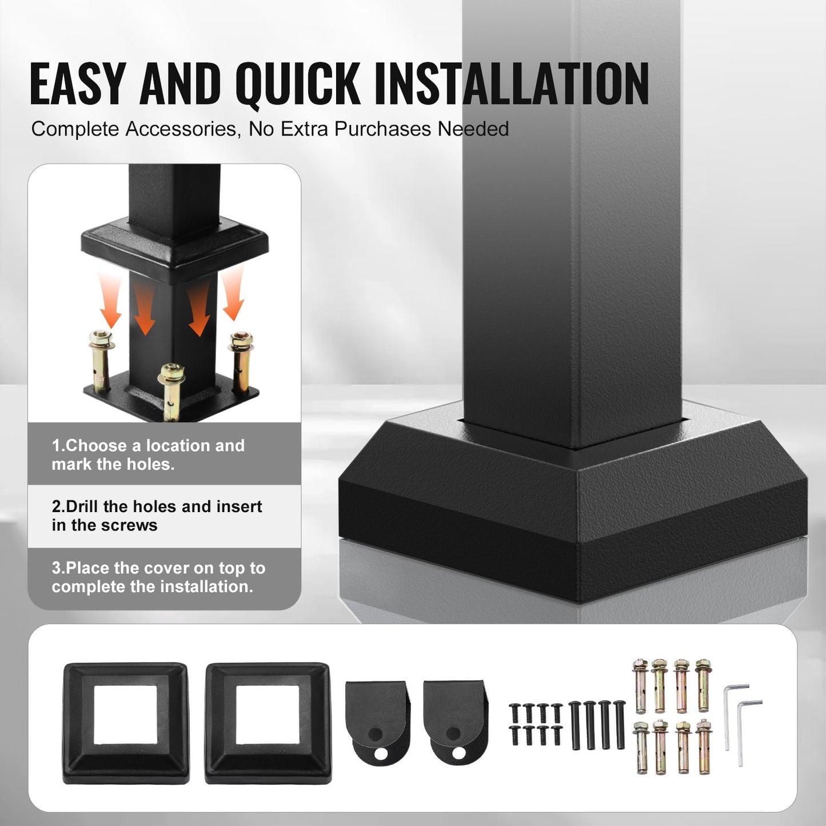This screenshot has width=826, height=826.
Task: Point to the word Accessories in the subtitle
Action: pos(181,129)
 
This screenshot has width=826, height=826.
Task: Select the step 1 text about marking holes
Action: pos(147,455)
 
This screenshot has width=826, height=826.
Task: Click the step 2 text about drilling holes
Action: pos(157,516)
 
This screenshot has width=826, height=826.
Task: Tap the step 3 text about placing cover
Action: pos(158,577)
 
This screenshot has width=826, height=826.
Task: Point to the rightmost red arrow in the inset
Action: pos(234,294)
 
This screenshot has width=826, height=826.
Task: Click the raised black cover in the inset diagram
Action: pos(174,246)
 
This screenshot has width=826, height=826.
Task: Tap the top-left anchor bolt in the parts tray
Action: pos(640,686)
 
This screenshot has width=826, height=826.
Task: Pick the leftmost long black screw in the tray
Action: pos(574,724)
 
